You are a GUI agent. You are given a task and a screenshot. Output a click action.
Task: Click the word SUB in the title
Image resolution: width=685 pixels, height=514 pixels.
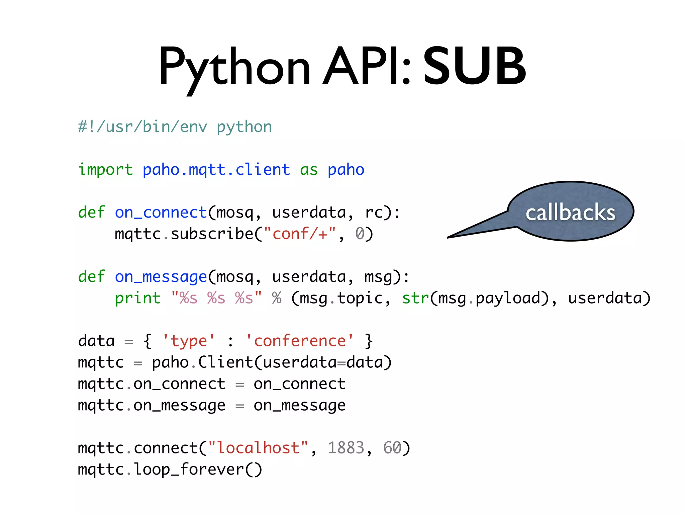(475, 66)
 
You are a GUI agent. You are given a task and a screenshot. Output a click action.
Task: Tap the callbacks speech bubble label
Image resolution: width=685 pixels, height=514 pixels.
(570, 212)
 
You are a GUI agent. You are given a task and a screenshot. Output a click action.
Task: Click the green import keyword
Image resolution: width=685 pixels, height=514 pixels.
(105, 170)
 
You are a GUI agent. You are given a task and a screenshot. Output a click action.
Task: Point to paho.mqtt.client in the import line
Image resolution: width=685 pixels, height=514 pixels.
(216, 170)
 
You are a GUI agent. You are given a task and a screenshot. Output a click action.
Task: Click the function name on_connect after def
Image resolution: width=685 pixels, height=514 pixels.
(161, 212)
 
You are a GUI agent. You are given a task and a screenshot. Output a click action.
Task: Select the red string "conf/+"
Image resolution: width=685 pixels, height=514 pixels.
(300, 234)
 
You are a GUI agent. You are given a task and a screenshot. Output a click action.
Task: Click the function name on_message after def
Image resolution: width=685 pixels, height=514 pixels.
(161, 277)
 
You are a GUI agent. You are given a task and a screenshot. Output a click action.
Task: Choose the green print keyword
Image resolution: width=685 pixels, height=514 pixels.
(137, 298)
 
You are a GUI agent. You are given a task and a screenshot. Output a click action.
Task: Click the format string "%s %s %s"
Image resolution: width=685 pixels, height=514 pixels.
(216, 298)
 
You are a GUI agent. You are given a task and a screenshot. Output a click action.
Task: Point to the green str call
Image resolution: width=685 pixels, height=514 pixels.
(415, 298)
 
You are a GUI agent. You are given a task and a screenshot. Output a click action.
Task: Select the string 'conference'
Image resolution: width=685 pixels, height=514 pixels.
(300, 341)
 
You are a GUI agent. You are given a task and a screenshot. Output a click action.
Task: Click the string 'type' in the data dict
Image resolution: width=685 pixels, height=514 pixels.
(189, 341)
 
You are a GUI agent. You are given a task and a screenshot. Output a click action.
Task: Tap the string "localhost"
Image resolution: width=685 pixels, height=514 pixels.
(258, 448)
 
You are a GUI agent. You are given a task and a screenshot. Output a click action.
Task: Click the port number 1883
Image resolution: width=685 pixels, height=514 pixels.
(346, 448)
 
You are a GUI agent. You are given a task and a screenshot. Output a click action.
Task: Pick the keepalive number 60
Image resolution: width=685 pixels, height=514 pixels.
(392, 448)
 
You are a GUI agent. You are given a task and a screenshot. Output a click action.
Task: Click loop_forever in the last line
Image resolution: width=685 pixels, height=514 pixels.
(189, 469)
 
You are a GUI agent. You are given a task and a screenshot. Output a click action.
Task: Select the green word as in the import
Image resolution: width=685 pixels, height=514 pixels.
(309, 170)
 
